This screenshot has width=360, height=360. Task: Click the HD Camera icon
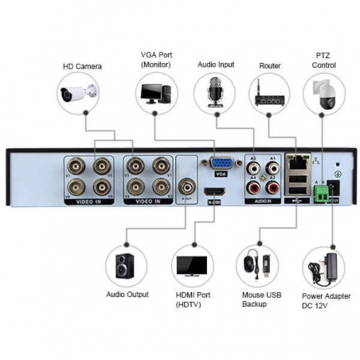(78, 94)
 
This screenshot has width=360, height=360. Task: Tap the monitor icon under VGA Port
(155, 94)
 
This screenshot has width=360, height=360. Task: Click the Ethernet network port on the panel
(298, 165)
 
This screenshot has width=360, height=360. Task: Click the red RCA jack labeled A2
(273, 189)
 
